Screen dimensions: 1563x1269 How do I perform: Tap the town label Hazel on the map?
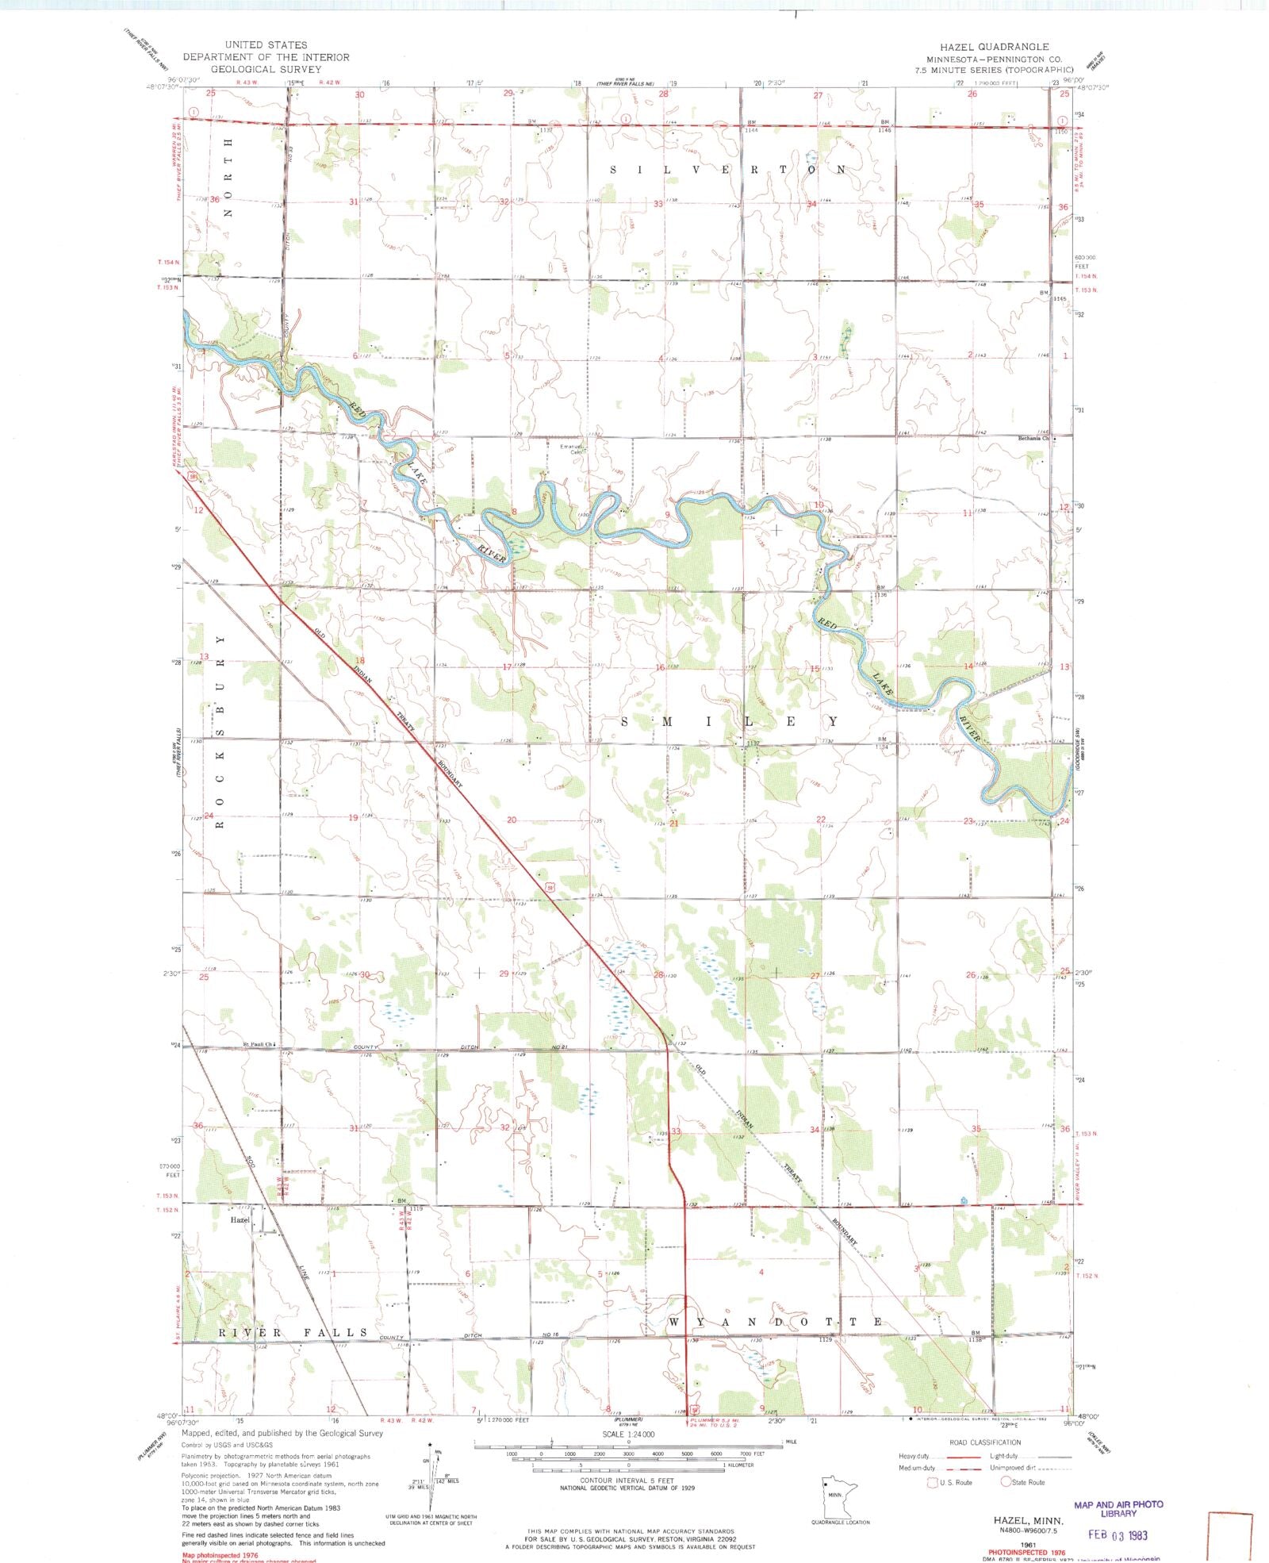(x=240, y=1219)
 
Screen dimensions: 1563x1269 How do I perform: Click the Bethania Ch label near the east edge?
(x=1033, y=438)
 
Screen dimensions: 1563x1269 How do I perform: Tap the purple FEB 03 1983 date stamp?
(x=1118, y=1534)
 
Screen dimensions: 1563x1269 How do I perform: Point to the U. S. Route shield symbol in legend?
(x=931, y=1481)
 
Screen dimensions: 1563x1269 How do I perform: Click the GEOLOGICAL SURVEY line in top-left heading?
(x=266, y=69)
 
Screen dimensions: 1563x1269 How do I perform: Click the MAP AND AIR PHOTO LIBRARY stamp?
(x=1118, y=1508)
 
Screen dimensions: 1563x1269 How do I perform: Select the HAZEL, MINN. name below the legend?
(x=1026, y=1519)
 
